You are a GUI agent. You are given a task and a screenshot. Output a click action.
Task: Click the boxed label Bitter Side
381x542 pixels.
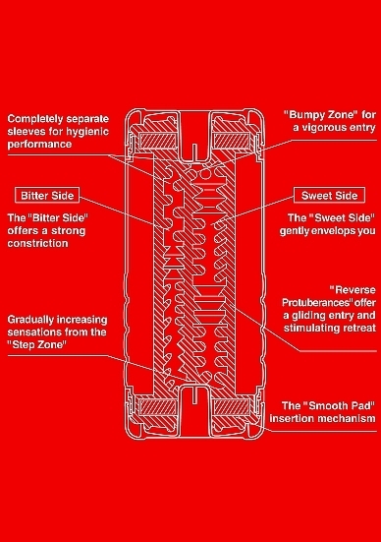(47, 196)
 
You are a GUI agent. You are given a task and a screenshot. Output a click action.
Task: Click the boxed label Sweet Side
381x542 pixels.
(329, 196)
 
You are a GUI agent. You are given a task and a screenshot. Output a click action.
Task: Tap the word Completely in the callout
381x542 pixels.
(35, 119)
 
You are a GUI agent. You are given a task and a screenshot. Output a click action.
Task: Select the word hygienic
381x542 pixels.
(87, 132)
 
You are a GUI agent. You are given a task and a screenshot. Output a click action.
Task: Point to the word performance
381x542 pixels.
(39, 145)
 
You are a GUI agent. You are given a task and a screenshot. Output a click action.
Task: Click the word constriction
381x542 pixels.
(37, 243)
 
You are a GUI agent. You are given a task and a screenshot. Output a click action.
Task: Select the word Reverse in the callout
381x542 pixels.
(353, 289)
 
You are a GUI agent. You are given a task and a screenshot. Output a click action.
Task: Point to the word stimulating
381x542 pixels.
(315, 328)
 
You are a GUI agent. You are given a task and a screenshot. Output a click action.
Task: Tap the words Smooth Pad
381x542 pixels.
(339, 405)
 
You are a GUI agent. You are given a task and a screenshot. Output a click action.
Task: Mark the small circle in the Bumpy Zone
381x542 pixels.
(206, 174)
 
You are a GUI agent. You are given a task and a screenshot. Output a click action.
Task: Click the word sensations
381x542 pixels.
(31, 332)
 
